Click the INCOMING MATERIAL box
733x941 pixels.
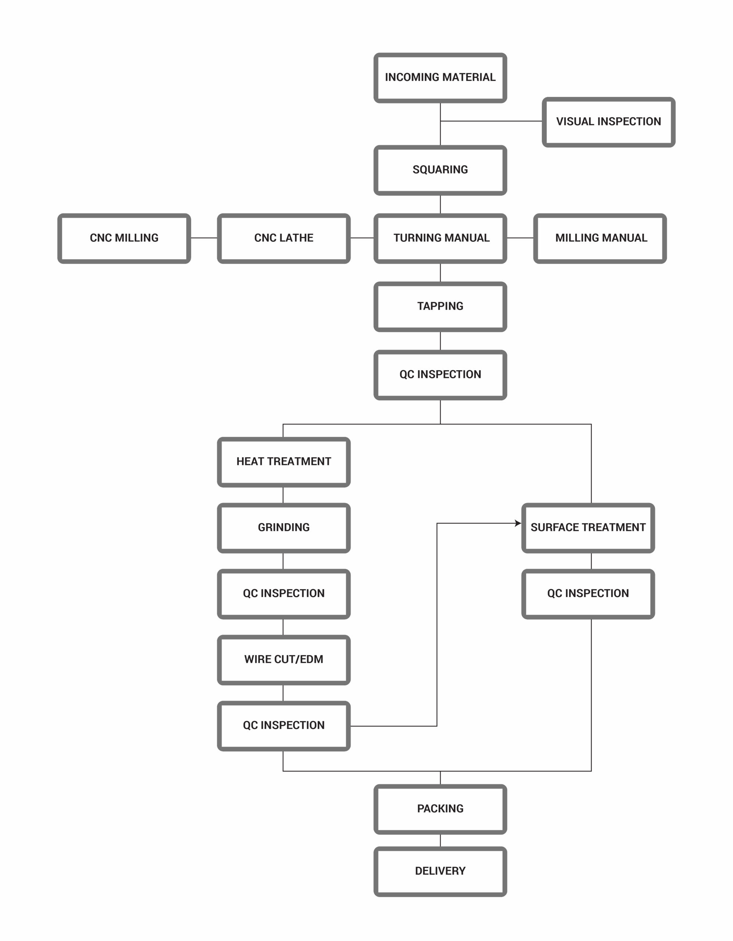tap(440, 78)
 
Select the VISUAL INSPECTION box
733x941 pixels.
tap(608, 122)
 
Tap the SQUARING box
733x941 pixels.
tap(440, 170)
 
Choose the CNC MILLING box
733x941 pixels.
tap(124, 238)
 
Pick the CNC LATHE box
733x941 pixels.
tap(284, 238)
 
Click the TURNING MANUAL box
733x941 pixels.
tap(440, 238)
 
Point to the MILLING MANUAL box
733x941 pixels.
tap(600, 238)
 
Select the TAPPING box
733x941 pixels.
tap(440, 307)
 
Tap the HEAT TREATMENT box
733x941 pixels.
tap(284, 462)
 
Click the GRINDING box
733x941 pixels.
tap(284, 528)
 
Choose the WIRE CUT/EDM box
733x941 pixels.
tap(284, 660)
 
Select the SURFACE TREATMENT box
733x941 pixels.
tap(588, 528)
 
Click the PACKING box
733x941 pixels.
tap(440, 809)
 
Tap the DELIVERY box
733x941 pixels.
tap(440, 872)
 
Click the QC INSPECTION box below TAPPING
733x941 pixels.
tap(440, 375)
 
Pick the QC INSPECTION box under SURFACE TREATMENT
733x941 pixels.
tap(588, 594)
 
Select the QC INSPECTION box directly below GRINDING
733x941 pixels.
tap(284, 594)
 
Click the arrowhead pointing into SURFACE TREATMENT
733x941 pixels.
tap(518, 523)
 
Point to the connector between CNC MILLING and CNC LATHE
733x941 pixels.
tap(204, 238)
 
